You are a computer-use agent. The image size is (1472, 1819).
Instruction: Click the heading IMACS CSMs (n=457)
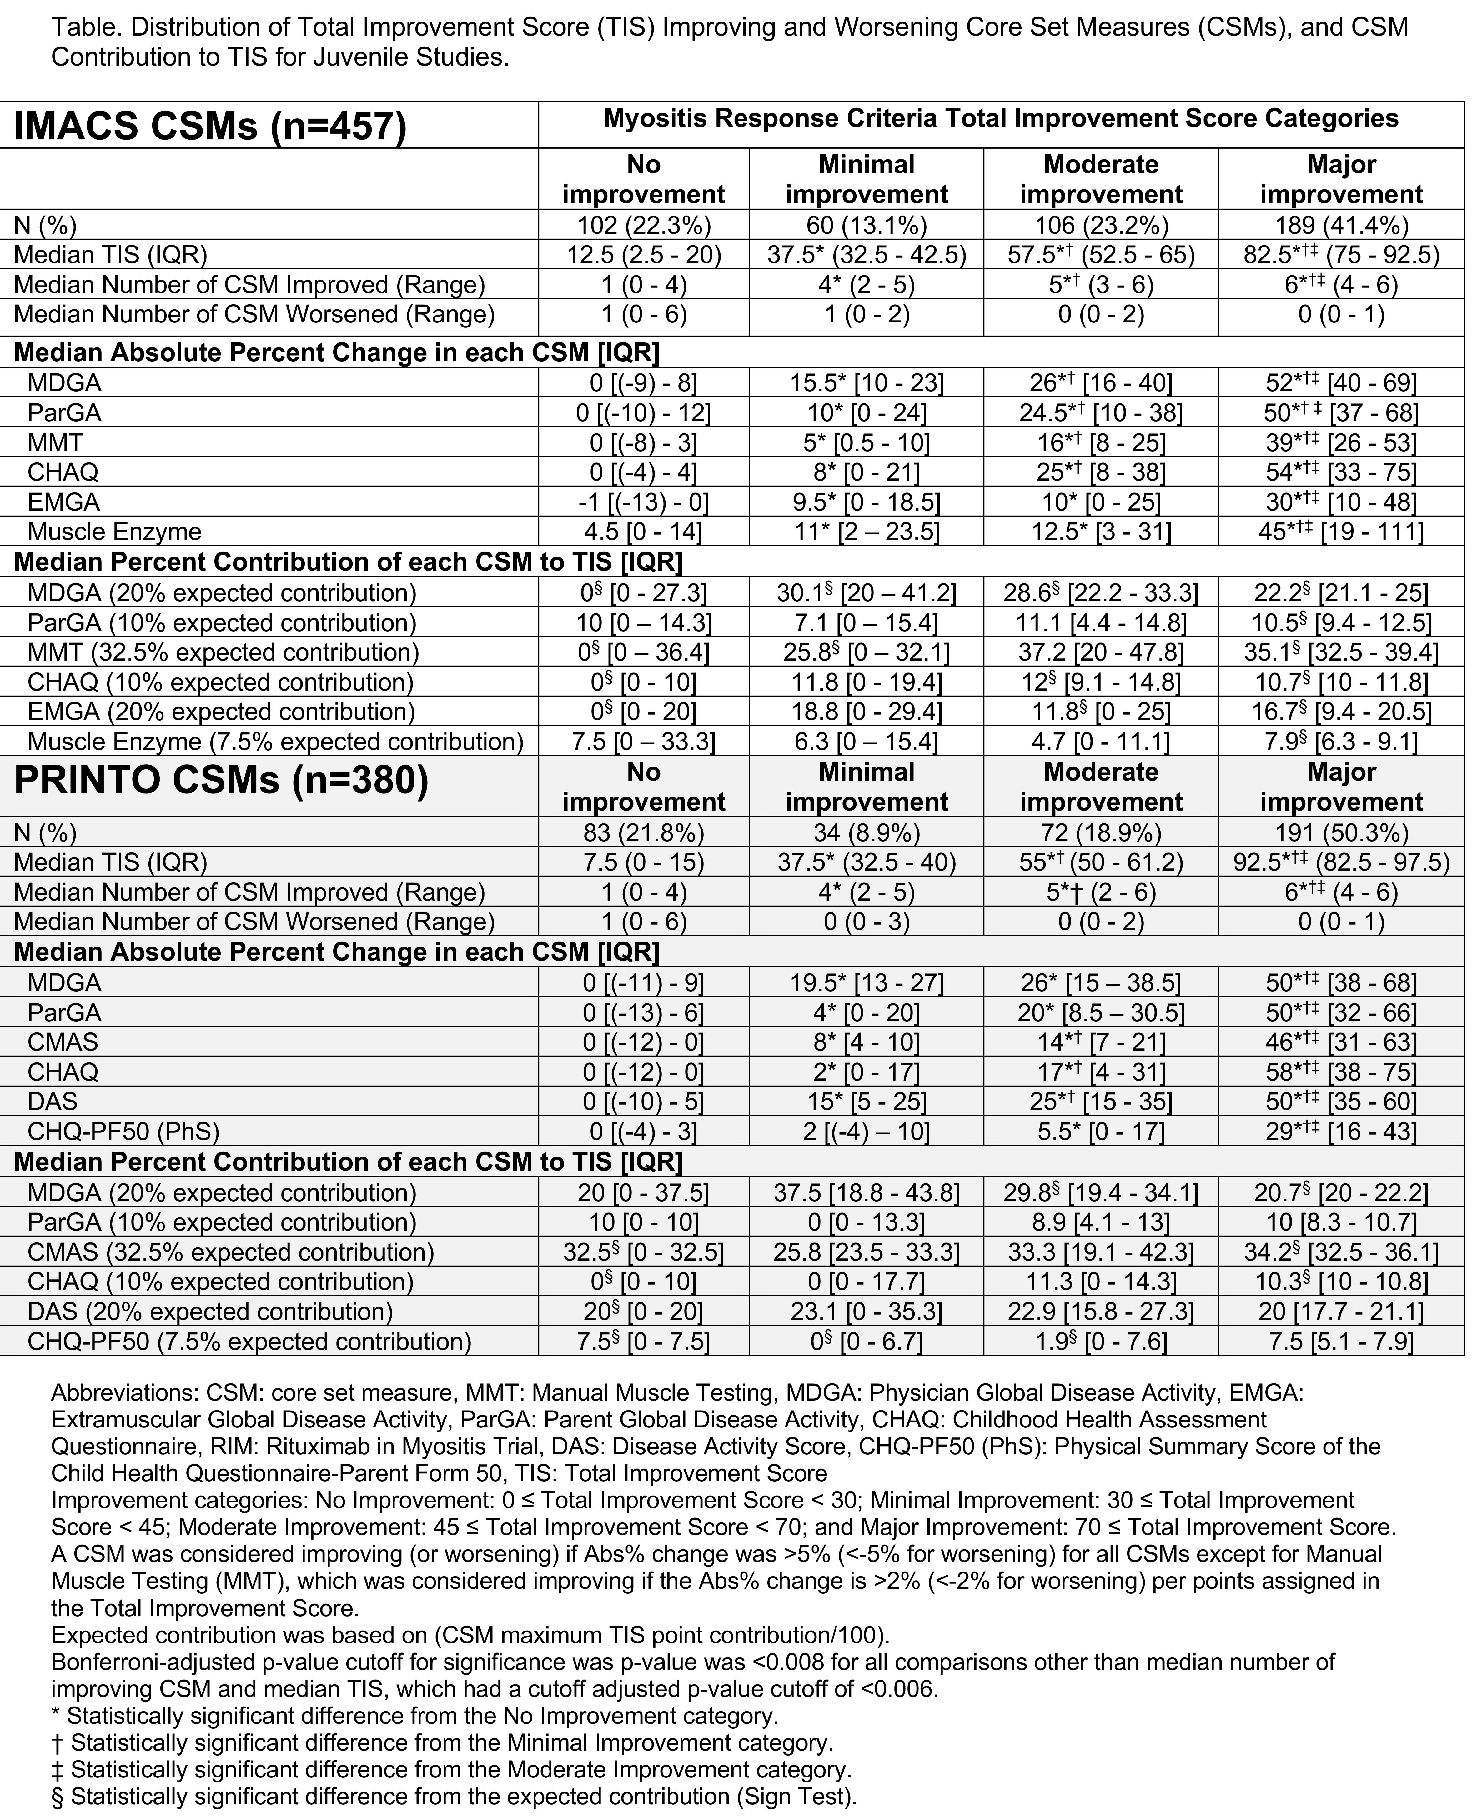click(x=210, y=126)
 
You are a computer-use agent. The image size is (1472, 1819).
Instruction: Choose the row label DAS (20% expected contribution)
click(x=210, y=1312)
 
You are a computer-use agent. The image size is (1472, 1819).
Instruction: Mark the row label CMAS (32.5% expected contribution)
click(x=231, y=1253)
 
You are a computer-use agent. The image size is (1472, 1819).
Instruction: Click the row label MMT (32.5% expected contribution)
click(x=223, y=653)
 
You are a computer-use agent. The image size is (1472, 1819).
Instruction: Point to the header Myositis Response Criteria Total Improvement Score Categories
click(x=1001, y=119)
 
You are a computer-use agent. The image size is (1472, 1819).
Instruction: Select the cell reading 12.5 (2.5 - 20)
click(x=644, y=255)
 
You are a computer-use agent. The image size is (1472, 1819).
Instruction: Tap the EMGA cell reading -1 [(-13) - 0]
click(x=644, y=503)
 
